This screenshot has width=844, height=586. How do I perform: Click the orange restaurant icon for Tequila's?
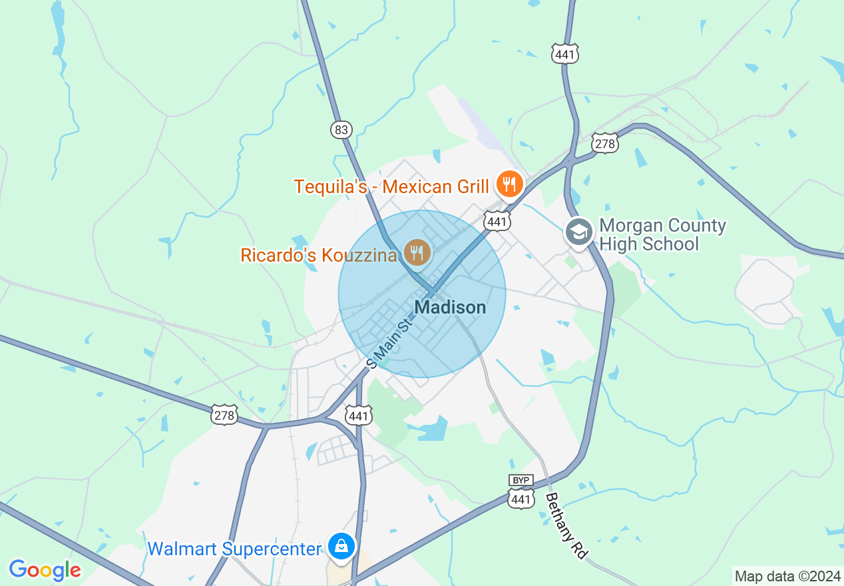pos(509,184)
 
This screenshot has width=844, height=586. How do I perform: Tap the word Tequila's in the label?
pos(331,186)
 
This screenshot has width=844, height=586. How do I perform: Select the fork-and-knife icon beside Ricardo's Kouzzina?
pos(417,252)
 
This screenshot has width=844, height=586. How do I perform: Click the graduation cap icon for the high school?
pos(579,232)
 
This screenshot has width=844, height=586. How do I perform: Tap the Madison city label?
pos(450,307)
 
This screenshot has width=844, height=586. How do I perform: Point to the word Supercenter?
pos(273,549)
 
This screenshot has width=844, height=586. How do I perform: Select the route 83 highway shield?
pos(341,130)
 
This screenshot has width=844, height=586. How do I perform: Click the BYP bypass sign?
pos(521,480)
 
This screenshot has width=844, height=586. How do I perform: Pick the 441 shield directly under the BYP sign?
pos(521,499)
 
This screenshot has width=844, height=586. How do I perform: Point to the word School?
pos(668,244)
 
